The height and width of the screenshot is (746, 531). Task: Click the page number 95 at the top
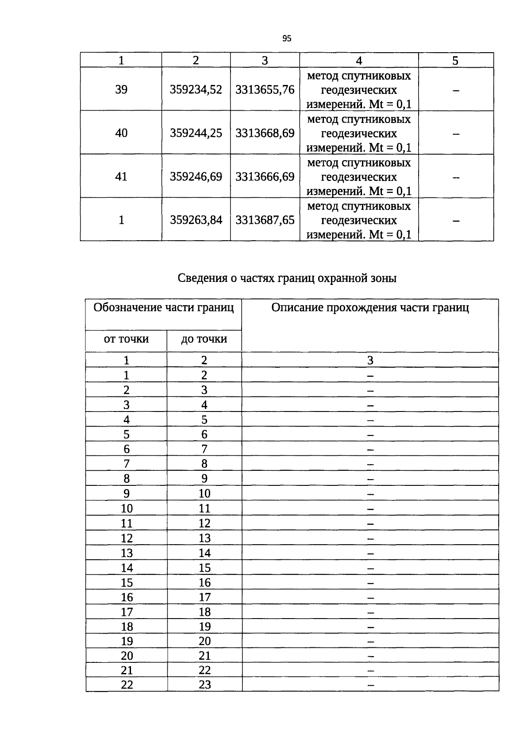[287, 38]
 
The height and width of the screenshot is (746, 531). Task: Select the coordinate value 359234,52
[196, 89]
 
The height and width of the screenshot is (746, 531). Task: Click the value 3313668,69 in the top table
[265, 133]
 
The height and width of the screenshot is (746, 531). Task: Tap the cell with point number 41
[121, 176]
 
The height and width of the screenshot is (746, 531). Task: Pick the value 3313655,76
[265, 89]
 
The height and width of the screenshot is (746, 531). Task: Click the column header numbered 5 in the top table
[455, 61]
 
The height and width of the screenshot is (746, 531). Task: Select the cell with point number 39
[121, 89]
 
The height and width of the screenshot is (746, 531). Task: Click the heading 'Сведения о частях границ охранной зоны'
[287, 278]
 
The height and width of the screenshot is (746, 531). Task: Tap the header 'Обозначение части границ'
[163, 307]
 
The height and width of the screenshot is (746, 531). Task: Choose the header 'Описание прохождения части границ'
[370, 307]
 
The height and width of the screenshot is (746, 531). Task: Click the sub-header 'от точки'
[126, 339]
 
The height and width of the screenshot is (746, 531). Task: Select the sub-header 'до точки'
[204, 339]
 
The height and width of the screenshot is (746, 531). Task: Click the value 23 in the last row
[204, 684]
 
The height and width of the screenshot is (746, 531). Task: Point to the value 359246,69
[196, 176]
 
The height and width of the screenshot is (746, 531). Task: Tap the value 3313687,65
[265, 219]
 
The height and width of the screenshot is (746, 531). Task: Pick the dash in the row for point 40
[456, 134]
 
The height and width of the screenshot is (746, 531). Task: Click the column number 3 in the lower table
[370, 360]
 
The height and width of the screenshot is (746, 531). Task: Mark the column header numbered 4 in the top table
[359, 61]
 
